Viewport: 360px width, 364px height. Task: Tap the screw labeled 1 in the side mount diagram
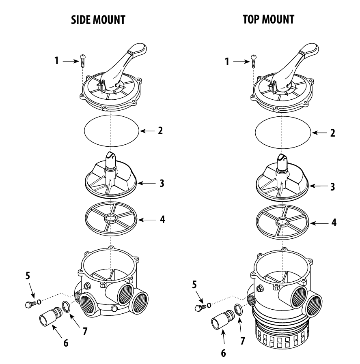pos(83,61)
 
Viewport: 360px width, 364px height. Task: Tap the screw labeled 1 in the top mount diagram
pos(253,61)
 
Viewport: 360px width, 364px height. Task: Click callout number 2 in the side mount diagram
pos(161,131)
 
